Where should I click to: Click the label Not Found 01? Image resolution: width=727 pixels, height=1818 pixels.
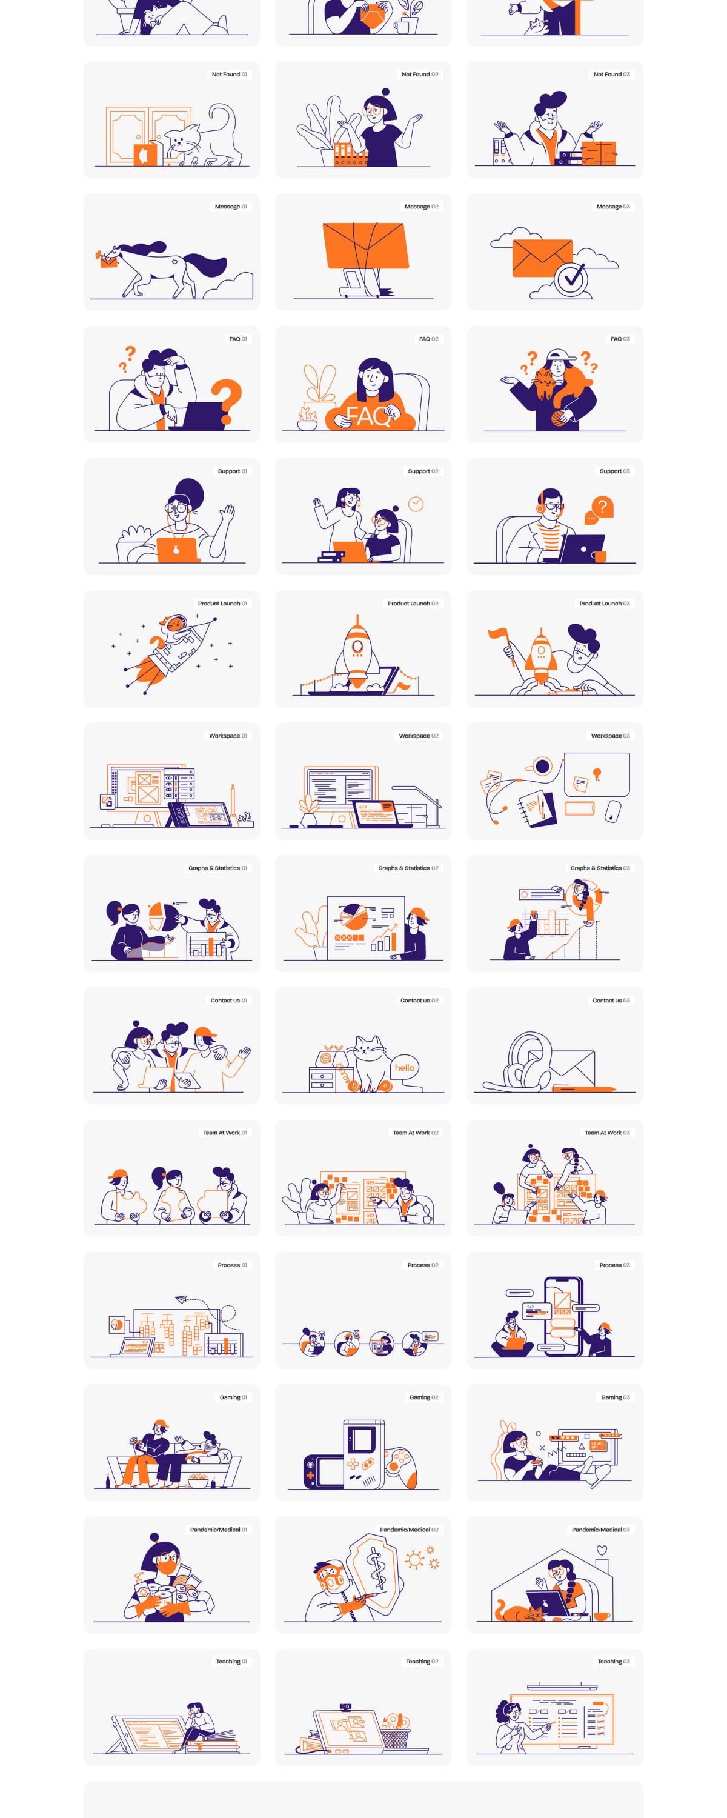[230, 74]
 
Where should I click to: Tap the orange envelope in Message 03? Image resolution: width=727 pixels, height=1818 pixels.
[542, 258]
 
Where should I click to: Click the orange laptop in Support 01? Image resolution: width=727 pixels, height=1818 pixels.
[176, 550]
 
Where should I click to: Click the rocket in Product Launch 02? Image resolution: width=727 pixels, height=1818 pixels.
[357, 652]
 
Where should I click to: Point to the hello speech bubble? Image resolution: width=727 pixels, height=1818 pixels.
[405, 1068]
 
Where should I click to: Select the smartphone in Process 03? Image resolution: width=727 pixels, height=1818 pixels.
[563, 1316]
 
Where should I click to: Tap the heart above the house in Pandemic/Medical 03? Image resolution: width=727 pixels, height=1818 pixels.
[602, 1550]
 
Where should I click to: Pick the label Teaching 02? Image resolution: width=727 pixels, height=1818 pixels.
[422, 1661]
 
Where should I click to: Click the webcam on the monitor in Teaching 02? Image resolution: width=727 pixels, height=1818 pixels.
[346, 1706]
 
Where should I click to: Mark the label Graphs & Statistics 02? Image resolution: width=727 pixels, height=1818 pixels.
[408, 868]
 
